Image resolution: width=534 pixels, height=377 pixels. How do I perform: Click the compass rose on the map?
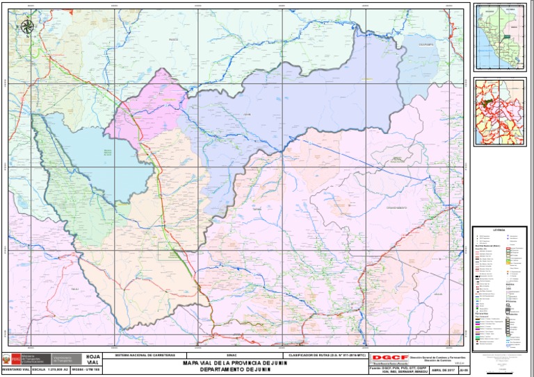(27, 27)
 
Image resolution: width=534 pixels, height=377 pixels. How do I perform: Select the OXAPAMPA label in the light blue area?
(426, 44)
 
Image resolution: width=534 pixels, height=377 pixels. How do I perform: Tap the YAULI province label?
(74, 288)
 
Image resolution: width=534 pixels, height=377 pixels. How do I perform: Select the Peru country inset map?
(499, 38)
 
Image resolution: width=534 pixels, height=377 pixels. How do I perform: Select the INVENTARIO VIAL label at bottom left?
(15, 369)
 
